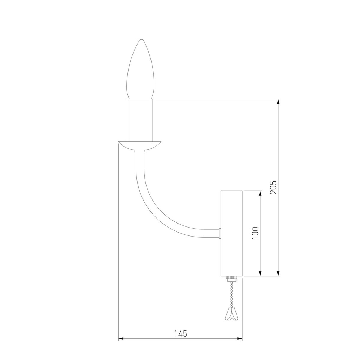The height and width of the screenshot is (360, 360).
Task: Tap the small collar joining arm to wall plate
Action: pos(219,233)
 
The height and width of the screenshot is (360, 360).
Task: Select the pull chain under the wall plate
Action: pos(231,293)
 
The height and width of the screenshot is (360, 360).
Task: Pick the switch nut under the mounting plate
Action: pos(232,279)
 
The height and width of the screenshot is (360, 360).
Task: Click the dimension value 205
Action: pos(273,187)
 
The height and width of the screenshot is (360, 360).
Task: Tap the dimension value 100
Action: pos(255,234)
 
